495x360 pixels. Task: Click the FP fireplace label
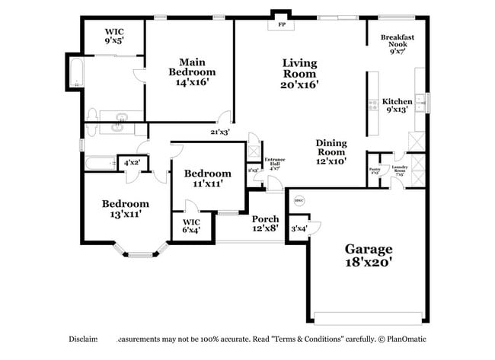(x=280, y=24)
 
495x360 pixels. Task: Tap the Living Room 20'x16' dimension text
(x=299, y=84)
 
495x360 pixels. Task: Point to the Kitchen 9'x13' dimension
(x=397, y=110)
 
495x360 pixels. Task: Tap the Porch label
(x=265, y=218)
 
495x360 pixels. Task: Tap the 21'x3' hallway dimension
(x=220, y=132)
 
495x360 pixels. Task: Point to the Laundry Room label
(x=399, y=170)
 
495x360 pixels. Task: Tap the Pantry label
(x=375, y=171)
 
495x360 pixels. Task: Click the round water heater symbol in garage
(x=299, y=201)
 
